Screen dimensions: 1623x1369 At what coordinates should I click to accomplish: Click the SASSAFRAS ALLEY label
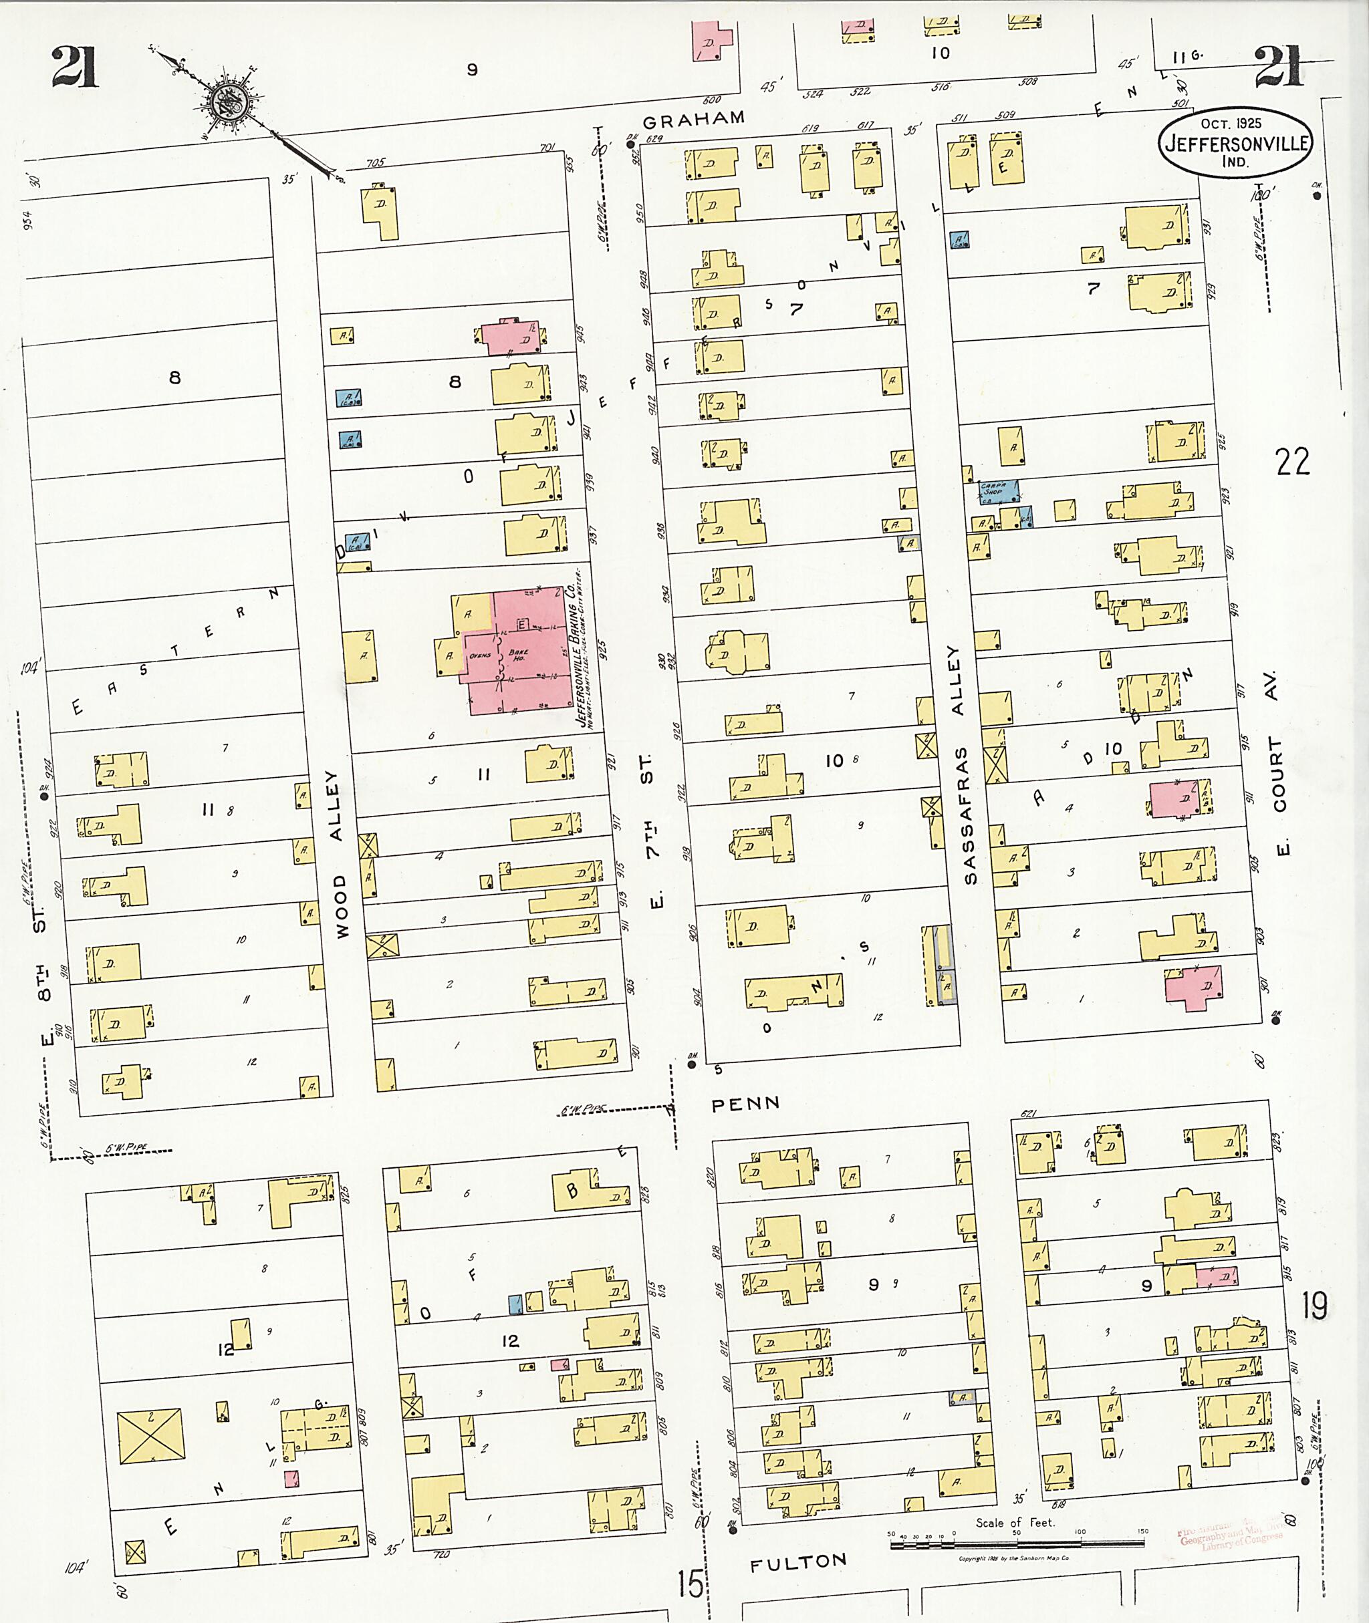[963, 764]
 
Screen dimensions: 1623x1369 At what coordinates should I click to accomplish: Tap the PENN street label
[745, 1102]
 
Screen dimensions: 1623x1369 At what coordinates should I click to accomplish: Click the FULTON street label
[798, 1562]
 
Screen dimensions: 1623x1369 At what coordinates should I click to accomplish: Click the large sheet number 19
[1315, 1307]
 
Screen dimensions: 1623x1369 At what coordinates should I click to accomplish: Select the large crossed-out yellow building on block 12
[150, 1437]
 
